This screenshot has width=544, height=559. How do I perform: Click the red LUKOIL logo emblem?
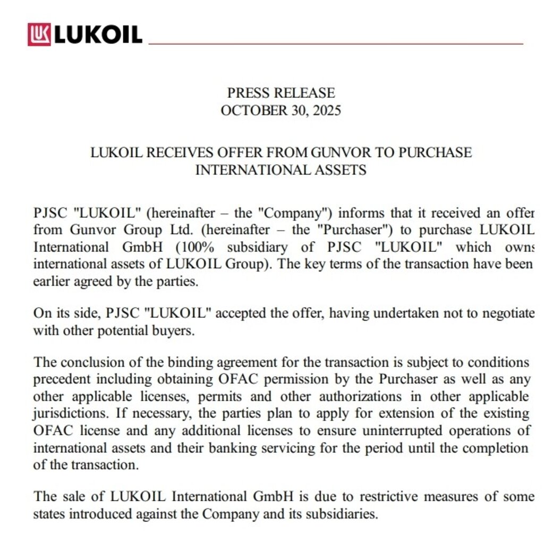[39, 35]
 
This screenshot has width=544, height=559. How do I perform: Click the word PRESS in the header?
[249, 93]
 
